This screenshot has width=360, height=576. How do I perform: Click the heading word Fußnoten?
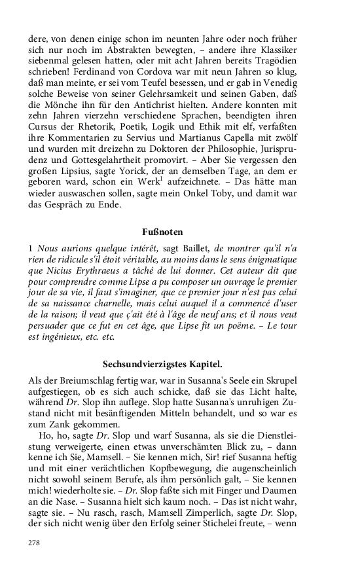pos(162,232)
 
